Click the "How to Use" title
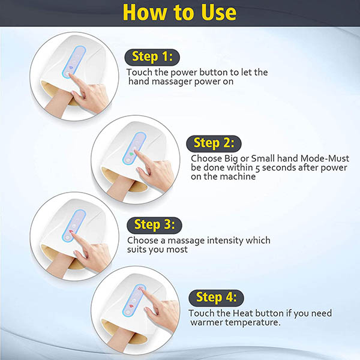click(179, 13)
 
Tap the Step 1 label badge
click(152, 57)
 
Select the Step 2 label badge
click(214, 143)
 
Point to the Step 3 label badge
click(154, 225)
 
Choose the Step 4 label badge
click(216, 298)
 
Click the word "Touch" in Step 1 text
click(139, 73)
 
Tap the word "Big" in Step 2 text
click(231, 159)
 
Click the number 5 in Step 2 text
click(257, 168)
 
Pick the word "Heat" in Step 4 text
click(242, 313)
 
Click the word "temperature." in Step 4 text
click(253, 323)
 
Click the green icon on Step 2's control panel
click(131, 154)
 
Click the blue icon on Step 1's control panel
click(70, 68)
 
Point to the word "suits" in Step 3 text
click(137, 250)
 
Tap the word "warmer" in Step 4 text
click(206, 322)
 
